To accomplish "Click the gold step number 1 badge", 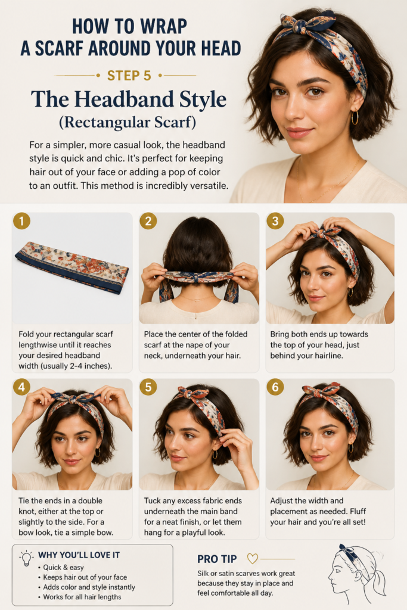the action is pos(21,221).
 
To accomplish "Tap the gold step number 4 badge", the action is pos(21,387).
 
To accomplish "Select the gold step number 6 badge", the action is pos(275,387).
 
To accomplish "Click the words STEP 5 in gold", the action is pos(129,76).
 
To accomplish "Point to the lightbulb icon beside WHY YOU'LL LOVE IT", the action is pos(26,558).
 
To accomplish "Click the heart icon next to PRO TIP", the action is pos(253,559).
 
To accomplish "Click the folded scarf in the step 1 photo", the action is pos(72,267).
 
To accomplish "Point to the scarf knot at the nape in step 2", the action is pos(199,278).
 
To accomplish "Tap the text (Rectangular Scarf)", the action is pos(128,122).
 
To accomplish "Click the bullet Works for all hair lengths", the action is pos(82,597).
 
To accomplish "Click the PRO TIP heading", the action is pos(217,559).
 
